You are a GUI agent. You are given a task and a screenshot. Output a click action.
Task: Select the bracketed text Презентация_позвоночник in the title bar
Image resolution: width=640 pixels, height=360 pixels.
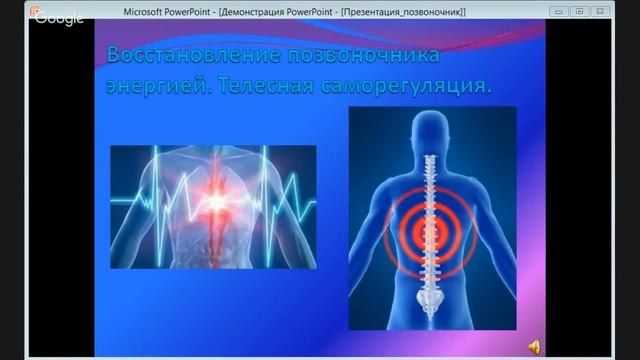coord(406,9)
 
